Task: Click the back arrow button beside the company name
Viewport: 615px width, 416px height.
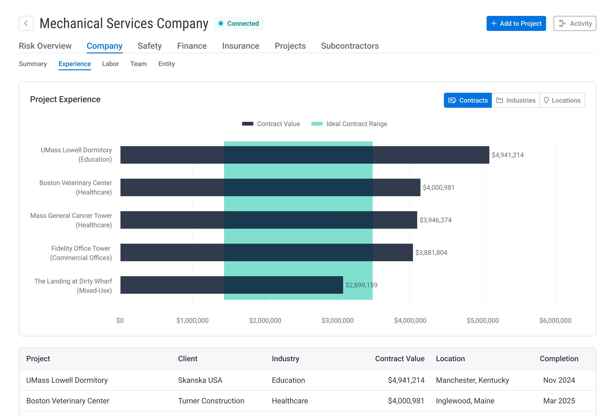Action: click(26, 23)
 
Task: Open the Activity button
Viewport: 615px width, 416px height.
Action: click(574, 23)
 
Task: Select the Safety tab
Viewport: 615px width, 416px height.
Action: click(150, 46)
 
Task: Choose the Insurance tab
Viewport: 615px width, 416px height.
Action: click(240, 46)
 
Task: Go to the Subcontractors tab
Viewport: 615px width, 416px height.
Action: click(350, 46)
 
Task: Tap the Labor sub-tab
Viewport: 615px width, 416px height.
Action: click(110, 64)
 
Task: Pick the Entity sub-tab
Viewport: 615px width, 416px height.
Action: click(166, 64)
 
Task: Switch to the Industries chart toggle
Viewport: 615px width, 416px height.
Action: click(515, 100)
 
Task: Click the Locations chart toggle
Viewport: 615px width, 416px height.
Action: click(562, 100)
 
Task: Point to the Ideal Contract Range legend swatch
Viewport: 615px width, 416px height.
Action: click(317, 124)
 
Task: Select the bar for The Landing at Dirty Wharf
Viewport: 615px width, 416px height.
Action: click(232, 285)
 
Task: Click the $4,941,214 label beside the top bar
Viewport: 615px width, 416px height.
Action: click(508, 155)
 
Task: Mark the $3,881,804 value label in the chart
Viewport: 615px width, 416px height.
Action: click(431, 253)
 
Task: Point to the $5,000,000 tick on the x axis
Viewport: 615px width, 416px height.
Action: click(483, 320)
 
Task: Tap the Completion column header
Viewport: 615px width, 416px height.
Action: click(559, 359)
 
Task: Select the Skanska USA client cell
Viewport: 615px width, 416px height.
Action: click(200, 380)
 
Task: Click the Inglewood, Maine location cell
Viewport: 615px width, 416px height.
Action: click(465, 401)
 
